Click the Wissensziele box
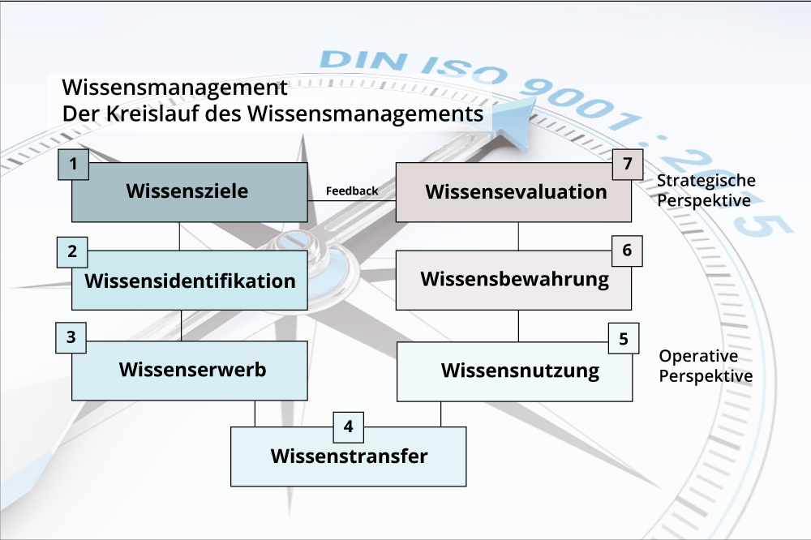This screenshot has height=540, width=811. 189,192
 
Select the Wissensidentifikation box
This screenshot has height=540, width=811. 189,281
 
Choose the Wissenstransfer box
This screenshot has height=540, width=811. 349,456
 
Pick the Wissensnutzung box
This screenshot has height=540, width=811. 519,371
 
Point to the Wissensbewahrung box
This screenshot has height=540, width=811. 514,280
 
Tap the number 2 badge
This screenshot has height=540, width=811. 72,252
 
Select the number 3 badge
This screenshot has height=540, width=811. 71,338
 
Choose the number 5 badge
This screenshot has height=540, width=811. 624,339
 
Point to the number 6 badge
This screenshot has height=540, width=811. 627,251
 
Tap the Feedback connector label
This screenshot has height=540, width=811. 352,191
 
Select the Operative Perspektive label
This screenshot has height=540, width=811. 705,366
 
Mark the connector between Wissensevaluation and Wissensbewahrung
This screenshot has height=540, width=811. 518,236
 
